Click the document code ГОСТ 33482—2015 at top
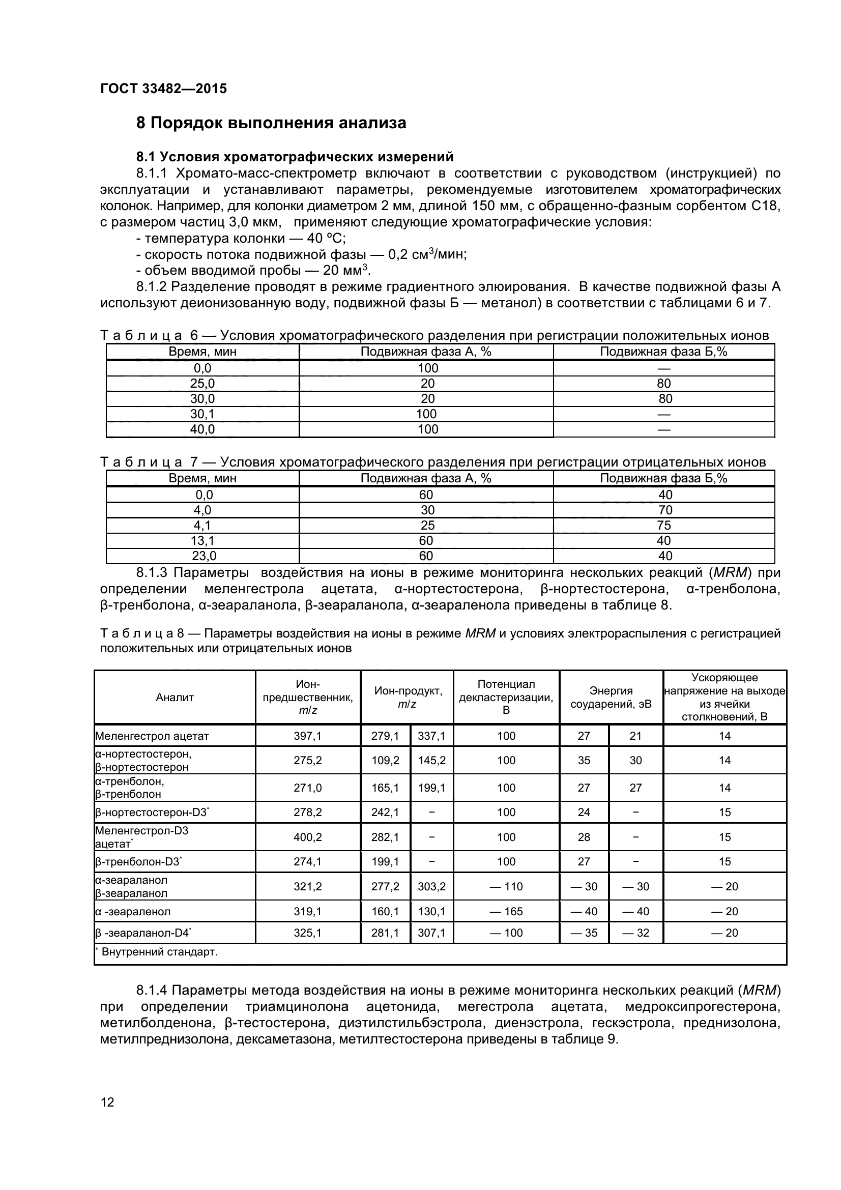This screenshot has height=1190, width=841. coord(163,89)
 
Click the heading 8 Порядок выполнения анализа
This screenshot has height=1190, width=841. coord(271,123)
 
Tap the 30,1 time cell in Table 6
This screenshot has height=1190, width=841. coord(202,414)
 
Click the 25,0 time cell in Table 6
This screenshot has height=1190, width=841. coord(202,384)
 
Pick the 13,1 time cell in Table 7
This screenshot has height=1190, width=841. coord(202,541)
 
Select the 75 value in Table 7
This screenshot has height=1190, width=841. coord(663,526)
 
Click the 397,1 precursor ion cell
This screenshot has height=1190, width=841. coord(308,736)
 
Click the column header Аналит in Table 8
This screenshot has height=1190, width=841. coord(175,698)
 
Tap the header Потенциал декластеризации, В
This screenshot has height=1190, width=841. coord(506,697)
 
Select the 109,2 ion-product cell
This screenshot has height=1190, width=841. coord(385,760)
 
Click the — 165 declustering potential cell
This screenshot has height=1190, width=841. coord(506,911)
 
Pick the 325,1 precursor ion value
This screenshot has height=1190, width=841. coord(308,933)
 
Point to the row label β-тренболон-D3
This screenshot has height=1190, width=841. coord(138,861)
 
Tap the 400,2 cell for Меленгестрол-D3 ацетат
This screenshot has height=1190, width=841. coord(308,837)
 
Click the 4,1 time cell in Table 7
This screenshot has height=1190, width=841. coord(202,526)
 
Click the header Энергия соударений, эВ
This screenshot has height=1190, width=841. coord(611,698)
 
